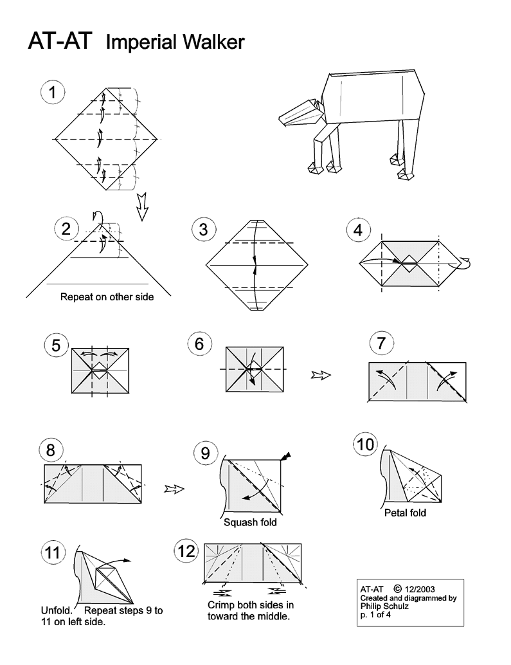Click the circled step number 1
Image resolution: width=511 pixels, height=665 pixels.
click(53, 93)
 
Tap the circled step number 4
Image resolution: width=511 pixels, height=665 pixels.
click(358, 230)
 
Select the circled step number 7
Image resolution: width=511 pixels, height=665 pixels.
click(381, 343)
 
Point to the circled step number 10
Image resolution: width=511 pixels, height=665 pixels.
click(366, 444)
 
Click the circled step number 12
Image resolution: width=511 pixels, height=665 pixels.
click(186, 551)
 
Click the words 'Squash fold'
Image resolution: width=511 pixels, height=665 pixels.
click(250, 522)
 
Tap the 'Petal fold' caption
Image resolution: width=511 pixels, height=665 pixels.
click(405, 513)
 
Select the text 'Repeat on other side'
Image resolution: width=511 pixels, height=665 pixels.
click(107, 297)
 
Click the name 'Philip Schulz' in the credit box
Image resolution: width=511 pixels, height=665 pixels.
click(384, 606)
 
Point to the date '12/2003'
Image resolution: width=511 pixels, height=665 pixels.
click(420, 589)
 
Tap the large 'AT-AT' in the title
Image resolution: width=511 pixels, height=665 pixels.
click(60, 41)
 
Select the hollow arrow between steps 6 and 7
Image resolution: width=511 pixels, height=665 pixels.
click(321, 375)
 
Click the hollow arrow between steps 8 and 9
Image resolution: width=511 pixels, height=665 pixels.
click(174, 489)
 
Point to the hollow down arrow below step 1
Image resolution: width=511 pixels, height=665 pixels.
click(142, 207)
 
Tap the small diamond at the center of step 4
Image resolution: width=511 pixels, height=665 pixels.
click(409, 264)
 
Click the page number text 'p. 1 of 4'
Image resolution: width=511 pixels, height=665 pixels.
click(375, 615)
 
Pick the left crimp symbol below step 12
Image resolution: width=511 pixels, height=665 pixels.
click(226, 592)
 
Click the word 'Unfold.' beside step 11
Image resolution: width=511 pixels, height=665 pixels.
click(57, 611)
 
